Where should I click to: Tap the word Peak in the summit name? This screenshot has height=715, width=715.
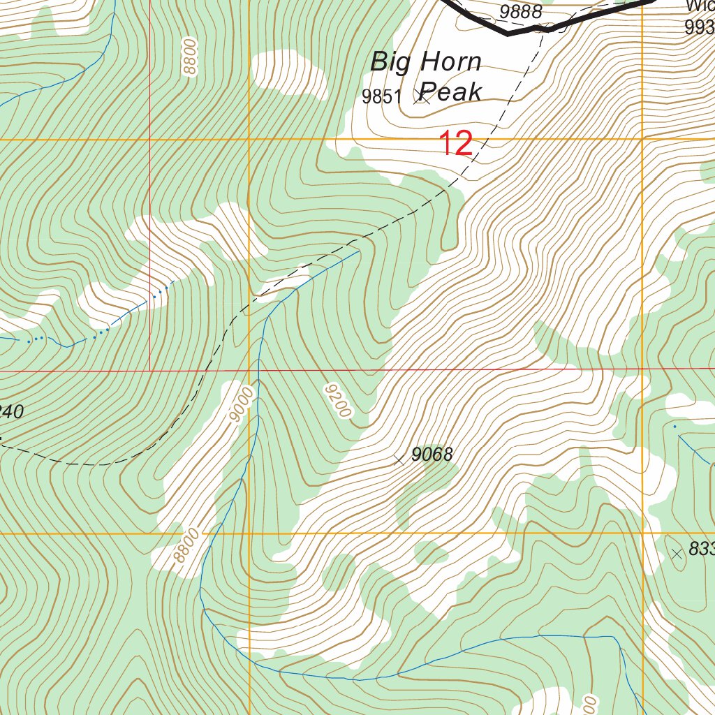[452, 91]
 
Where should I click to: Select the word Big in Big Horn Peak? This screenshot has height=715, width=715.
[389, 62]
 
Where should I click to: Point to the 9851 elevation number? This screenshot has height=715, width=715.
[382, 97]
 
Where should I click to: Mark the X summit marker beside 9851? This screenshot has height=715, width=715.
[421, 96]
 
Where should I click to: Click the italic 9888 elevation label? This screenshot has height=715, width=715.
[521, 11]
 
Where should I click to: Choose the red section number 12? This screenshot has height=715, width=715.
[456, 144]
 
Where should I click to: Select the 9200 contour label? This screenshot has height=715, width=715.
[337, 400]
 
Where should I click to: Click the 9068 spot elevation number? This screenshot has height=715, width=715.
[432, 455]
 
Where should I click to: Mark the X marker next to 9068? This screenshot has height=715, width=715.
[399, 459]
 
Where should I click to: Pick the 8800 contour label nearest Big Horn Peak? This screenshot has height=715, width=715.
[189, 57]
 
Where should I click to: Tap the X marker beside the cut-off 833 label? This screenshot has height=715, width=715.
[676, 554]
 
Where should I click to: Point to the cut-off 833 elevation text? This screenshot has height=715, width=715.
[701, 550]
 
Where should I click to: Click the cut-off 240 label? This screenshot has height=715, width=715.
[11, 412]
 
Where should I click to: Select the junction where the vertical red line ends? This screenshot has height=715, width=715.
[150, 370]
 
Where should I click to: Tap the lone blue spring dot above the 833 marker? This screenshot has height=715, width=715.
[675, 425]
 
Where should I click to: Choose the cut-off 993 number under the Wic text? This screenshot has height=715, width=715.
[700, 27]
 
